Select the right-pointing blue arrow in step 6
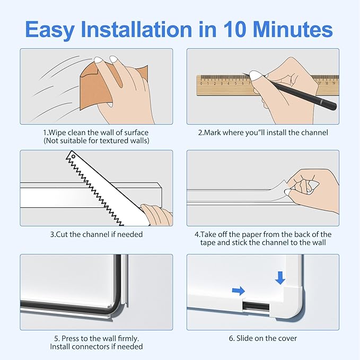(239, 291)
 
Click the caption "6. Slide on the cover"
(263, 338)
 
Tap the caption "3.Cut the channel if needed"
(96, 234)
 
